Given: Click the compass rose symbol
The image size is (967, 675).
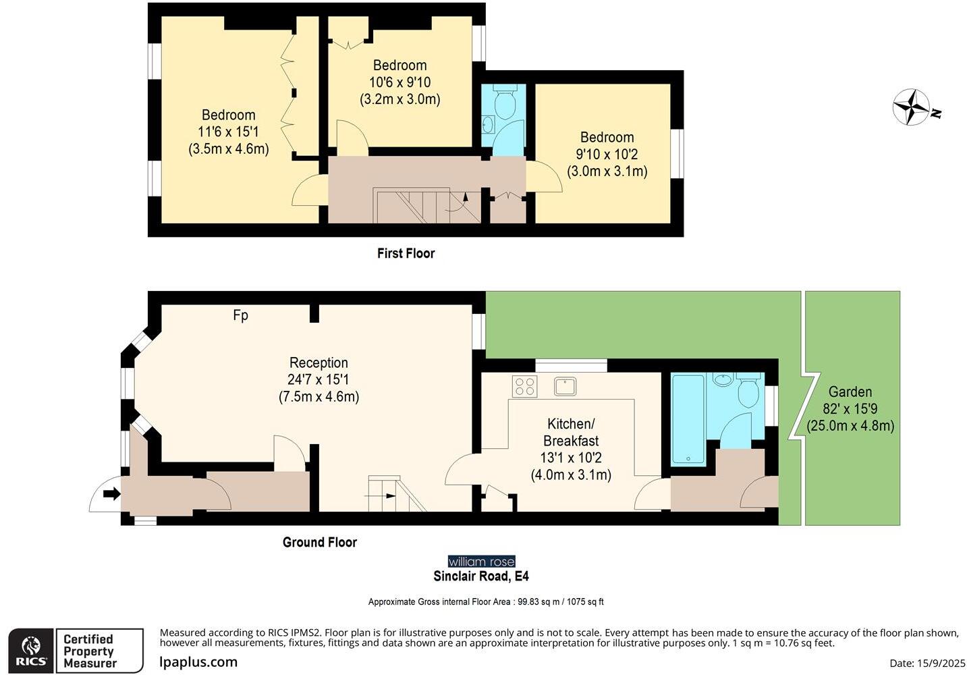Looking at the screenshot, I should pos(912,107).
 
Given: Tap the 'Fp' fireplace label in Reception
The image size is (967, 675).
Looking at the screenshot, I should pos(240,315).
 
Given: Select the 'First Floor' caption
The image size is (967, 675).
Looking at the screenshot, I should pos(406,253).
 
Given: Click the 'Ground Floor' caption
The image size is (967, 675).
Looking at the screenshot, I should pos(319,542).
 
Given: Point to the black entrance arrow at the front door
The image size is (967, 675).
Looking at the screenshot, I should pos(111,494).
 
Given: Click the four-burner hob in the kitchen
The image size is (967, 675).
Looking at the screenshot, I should pos(524,387).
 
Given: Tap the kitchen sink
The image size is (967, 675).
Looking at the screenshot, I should pos(565,387).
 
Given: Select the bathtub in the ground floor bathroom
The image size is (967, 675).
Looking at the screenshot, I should pos(688,418).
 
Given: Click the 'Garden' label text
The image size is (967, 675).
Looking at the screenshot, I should pos(850,391).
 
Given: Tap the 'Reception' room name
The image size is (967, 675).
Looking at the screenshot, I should pos(319,362).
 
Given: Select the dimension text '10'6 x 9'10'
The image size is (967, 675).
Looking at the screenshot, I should pos(399,82).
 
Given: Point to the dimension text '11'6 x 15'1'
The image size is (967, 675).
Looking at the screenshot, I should pos(228,132).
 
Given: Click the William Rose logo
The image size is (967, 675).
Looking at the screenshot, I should pos(481,562).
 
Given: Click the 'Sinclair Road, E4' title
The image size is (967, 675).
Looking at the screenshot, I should pos(481,576).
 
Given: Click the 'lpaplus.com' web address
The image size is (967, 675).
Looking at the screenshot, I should pos(198,662).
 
